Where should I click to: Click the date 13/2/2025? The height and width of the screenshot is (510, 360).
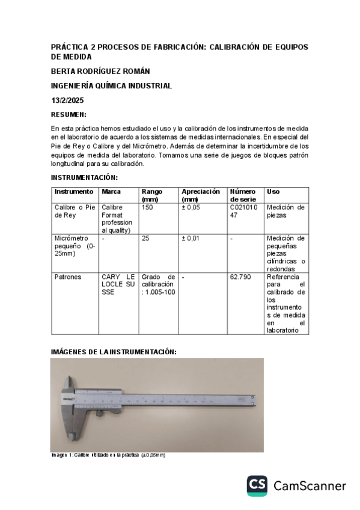pyautogui.click(x=67, y=100)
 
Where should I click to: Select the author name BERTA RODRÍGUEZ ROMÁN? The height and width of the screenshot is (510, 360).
pyautogui.click(x=100, y=72)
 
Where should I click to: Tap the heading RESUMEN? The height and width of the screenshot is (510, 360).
pyautogui.click(x=69, y=114)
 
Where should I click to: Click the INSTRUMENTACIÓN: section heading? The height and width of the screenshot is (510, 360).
pyautogui.click(x=84, y=177)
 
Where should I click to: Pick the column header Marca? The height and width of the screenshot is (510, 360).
pyautogui.click(x=111, y=192)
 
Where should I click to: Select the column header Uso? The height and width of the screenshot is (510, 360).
pyautogui.click(x=273, y=192)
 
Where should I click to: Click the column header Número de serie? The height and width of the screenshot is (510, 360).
pyautogui.click(x=243, y=195)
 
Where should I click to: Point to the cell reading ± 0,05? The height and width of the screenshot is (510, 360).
pyautogui.click(x=191, y=207)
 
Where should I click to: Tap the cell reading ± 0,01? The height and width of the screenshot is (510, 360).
pyautogui.click(x=191, y=239)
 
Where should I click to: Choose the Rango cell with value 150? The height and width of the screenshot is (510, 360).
pyautogui.click(x=147, y=207)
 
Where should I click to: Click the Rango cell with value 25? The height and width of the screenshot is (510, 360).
pyautogui.click(x=145, y=239)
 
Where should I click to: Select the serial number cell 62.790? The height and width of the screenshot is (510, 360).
pyautogui.click(x=240, y=278)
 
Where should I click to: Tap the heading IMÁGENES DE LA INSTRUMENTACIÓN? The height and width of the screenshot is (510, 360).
pyautogui.click(x=114, y=351)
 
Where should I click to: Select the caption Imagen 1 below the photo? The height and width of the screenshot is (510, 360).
pyautogui.click(x=108, y=455)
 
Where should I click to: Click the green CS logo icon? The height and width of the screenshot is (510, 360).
pyautogui.click(x=257, y=486)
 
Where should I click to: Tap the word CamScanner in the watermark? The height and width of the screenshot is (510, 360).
pyautogui.click(x=310, y=486)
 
